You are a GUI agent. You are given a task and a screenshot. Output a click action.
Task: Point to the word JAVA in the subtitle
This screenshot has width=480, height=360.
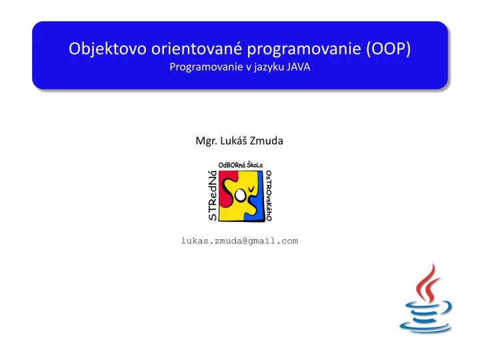coord(299,67)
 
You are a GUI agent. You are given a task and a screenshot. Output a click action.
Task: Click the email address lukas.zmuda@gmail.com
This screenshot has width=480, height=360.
coord(239,241)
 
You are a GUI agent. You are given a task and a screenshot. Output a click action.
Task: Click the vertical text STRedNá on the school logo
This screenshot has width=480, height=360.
coord(212,194)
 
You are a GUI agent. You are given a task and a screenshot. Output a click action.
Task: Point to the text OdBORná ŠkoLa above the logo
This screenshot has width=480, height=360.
coord(241,165)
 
